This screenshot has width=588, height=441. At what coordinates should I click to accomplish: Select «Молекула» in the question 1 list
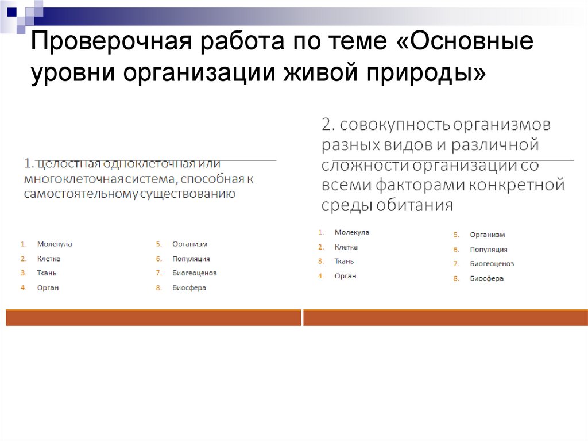pos(55,244)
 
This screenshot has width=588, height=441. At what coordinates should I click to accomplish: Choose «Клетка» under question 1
pos(49,259)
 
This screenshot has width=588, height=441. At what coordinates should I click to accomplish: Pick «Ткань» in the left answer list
pos(47,273)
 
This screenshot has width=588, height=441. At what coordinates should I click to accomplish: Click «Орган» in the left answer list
pos(48,287)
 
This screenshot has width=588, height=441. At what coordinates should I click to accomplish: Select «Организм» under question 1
pos(189,244)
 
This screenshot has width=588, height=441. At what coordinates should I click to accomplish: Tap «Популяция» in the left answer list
pos(191,259)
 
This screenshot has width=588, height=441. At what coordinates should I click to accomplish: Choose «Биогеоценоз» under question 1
pos(194,273)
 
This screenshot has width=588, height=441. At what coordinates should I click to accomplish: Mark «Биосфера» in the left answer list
pos(189,287)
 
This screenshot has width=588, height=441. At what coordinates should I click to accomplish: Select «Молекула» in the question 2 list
pos(352,232)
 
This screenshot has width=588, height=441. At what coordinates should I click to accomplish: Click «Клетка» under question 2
pos(346,247)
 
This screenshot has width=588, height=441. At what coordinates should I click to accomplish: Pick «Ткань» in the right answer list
pos(344,261)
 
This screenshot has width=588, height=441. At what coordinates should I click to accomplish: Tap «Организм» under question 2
pos(487,235)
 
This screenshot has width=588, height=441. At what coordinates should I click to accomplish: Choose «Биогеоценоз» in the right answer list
pos(492,264)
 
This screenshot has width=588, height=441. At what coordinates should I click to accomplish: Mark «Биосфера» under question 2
pos(486,278)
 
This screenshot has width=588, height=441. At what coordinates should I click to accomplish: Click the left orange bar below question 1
pos(153,318)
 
